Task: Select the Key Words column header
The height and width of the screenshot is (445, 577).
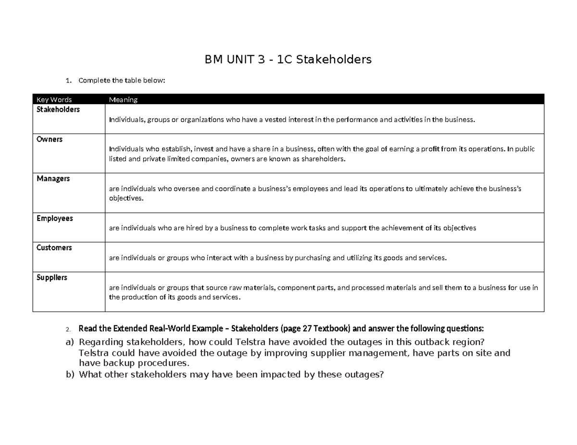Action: pyautogui.click(x=54, y=100)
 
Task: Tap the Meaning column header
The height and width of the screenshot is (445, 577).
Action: pyautogui.click(x=123, y=100)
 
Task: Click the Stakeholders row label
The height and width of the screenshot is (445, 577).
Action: pyautogui.click(x=59, y=109)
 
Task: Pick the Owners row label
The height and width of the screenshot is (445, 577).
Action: pyautogui.click(x=50, y=139)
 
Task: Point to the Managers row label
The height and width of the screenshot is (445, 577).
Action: pyautogui.click(x=53, y=179)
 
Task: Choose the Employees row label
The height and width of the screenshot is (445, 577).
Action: pyautogui.click(x=55, y=218)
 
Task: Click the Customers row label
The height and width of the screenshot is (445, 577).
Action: pyautogui.click(x=54, y=248)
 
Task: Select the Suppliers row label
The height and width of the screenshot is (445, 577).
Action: pyautogui.click(x=52, y=277)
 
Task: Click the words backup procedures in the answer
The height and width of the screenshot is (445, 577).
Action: pyautogui.click(x=144, y=363)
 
